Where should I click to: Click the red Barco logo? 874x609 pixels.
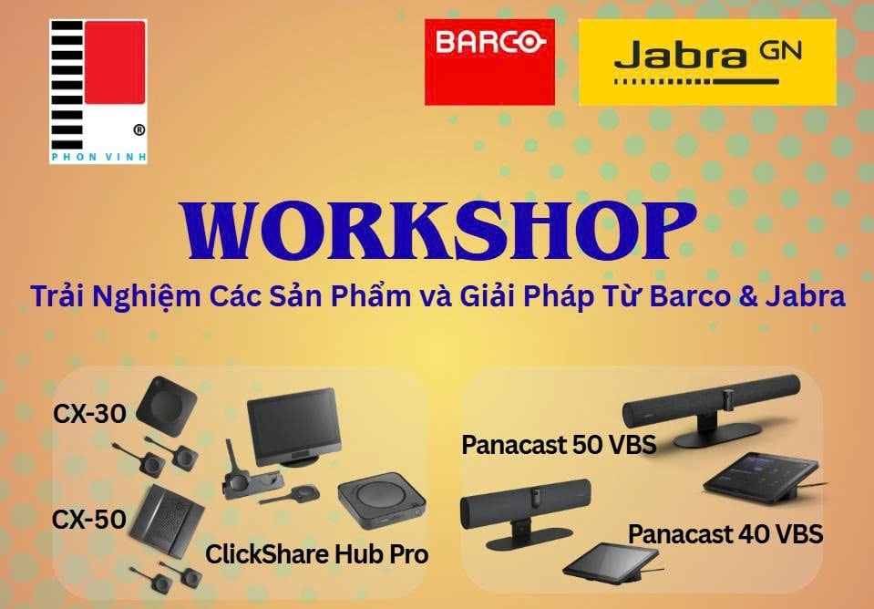[489, 62]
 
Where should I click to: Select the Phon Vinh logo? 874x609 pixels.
[98, 91]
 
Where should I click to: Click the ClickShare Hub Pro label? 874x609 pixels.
[316, 553]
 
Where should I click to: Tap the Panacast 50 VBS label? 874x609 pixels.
[559, 446]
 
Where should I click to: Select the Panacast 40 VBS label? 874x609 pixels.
[725, 533]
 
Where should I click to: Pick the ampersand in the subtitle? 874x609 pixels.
[748, 296]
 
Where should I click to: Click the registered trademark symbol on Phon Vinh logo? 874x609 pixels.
[139, 130]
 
